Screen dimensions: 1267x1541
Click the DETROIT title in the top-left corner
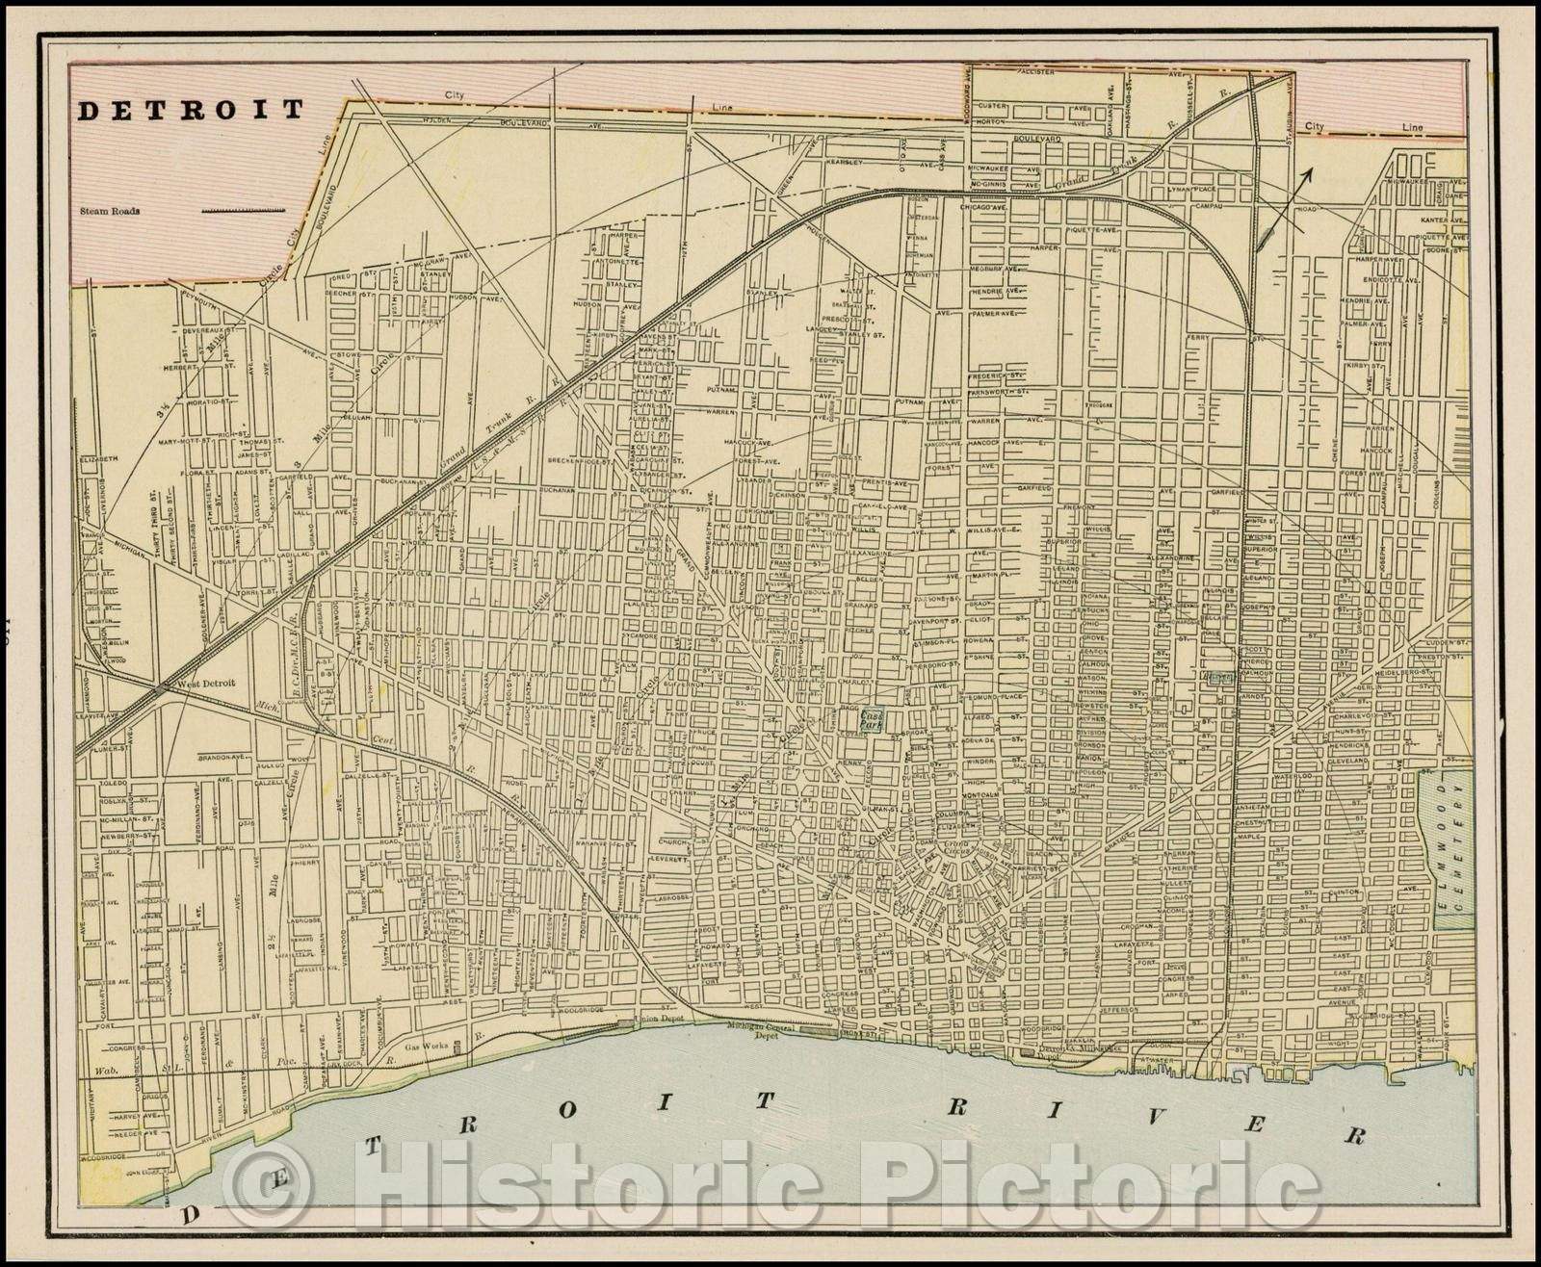[x=190, y=110]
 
